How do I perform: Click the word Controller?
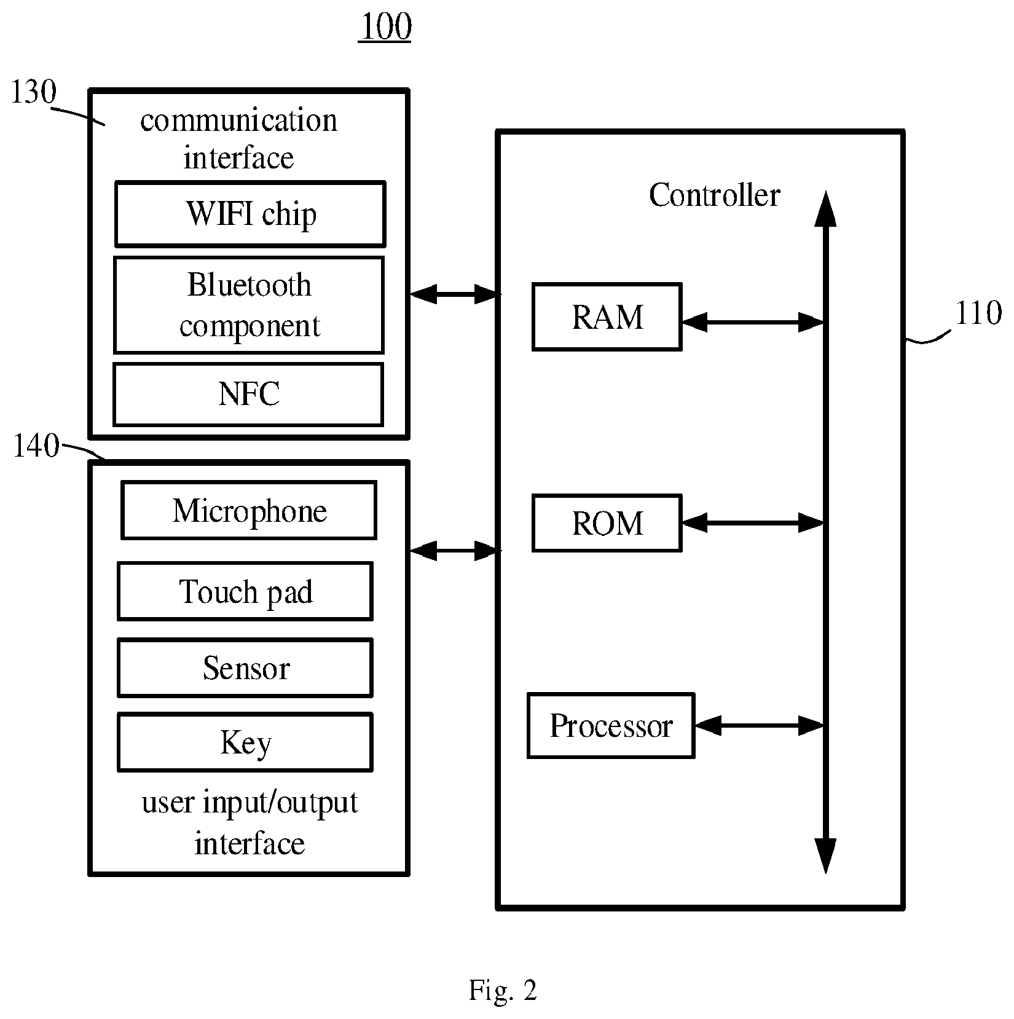click(714, 195)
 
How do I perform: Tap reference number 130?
click(34, 92)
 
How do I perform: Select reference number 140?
click(36, 446)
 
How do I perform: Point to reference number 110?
click(978, 313)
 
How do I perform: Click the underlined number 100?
click(385, 27)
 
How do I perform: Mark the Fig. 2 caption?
click(503, 990)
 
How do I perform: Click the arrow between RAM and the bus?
click(753, 321)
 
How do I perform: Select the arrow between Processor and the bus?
click(760, 726)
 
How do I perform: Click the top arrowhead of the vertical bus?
click(825, 209)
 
